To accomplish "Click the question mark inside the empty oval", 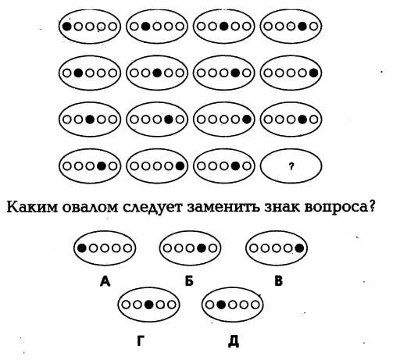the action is [291, 166].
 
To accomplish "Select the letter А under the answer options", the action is [105, 281].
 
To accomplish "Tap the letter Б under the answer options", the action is [189, 281].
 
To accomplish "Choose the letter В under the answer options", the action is [279, 281].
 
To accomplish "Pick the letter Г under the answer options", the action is [141, 340].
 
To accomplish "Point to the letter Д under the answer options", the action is [234, 341].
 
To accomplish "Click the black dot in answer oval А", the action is [82, 248].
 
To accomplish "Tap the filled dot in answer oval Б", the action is [202, 248].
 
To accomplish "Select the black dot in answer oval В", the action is [299, 248].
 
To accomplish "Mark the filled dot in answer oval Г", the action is [148, 305].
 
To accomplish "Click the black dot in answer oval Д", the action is [221, 305].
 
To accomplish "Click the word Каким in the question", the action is [32, 208].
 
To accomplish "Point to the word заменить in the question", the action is [223, 208].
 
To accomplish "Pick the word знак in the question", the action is [281, 208].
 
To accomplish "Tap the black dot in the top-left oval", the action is [67, 27].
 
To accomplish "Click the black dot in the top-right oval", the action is [302, 27].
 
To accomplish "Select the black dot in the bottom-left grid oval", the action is [102, 166].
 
